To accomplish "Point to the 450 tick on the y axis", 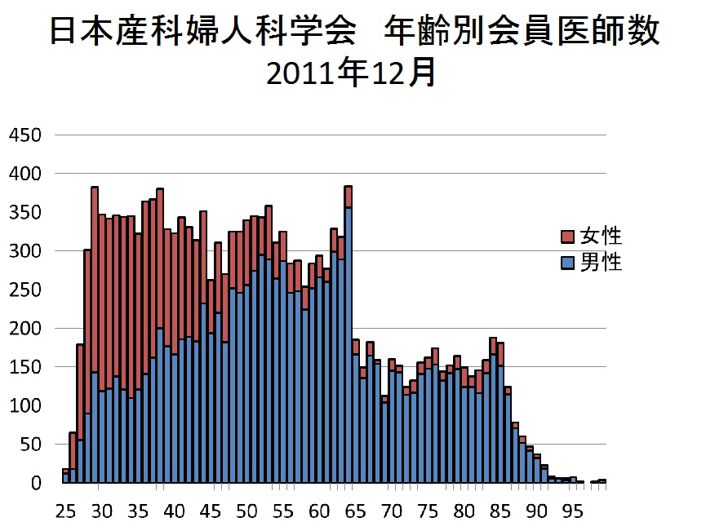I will pos(24,135).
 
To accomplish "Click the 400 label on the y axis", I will pos(24,174).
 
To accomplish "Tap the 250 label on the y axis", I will pos(24,290).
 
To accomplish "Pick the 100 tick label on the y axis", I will pos(24,406).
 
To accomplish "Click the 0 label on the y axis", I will pos(35,484).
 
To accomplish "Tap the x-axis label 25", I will pos(65,513).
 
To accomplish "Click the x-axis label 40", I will pos(174,513).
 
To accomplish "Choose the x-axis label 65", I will pos(355,513).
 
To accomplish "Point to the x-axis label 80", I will pos(464,513).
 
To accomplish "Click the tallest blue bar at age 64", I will pos(349,343).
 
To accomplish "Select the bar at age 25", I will pos(65,478).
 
